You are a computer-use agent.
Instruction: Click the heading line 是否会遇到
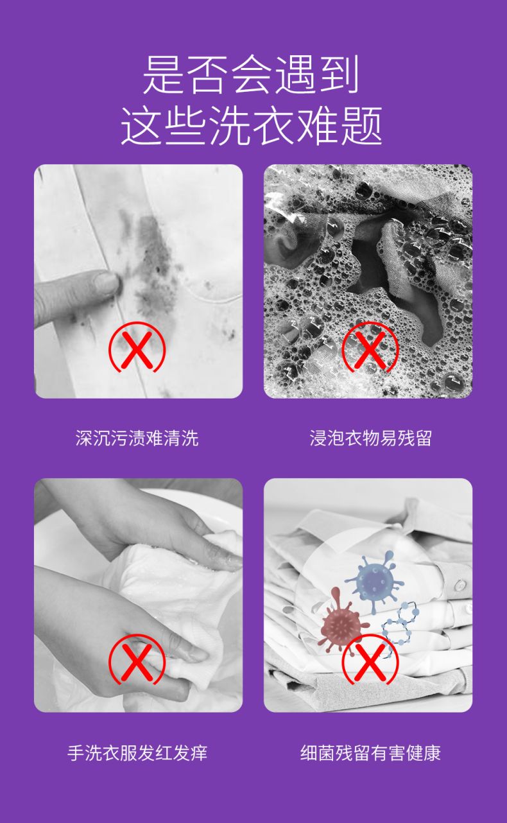[250, 74]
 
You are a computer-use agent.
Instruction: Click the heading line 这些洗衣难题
[252, 126]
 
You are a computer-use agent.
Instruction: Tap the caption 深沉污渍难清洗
[137, 438]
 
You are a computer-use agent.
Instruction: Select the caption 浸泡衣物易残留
[370, 438]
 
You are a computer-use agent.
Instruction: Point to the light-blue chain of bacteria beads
[400, 625]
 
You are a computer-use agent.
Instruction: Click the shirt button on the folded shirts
[460, 585]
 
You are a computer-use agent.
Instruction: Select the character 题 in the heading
[363, 126]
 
